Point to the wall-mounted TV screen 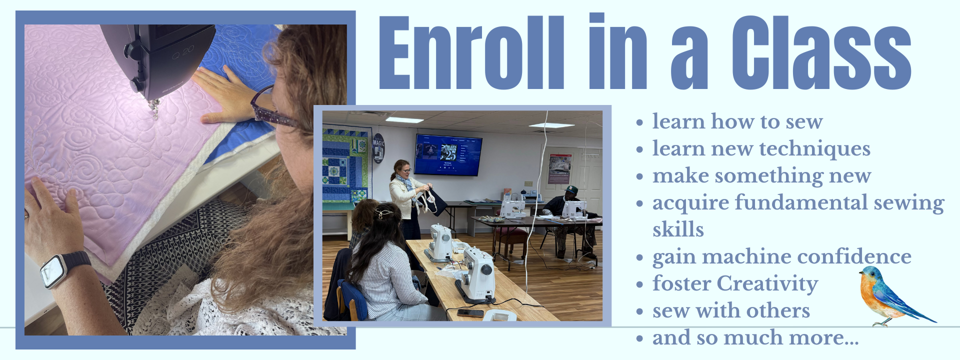(x=448, y=154)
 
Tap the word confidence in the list (x=854, y=256)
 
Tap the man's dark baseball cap (x=571, y=189)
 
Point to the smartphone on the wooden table (x=470, y=313)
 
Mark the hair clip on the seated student (x=383, y=213)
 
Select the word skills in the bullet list (x=678, y=229)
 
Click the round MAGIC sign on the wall (x=378, y=148)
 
